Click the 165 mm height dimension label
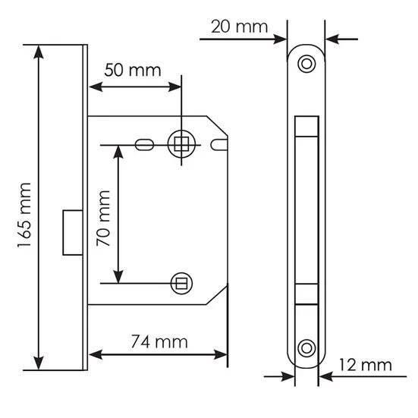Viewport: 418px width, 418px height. [24, 215]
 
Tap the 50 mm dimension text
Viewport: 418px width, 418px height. [133, 70]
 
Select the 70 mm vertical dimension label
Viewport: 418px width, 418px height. [103, 218]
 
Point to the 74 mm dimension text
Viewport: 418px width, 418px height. [159, 341]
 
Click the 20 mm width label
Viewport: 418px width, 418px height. [239, 27]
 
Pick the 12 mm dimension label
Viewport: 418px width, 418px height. [365, 365]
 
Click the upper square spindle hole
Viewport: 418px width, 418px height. [181, 144]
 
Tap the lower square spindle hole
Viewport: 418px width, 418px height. [181, 284]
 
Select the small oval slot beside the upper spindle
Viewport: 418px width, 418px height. [144, 145]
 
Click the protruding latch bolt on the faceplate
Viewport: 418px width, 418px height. [73, 233]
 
